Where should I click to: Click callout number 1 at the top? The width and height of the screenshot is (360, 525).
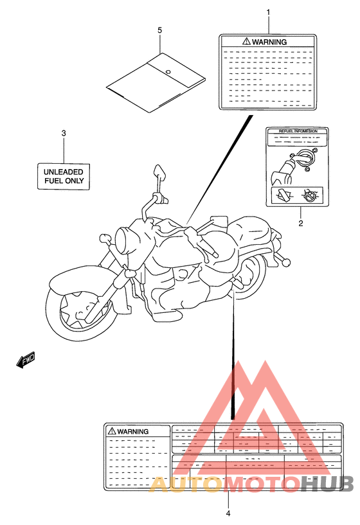[x=268, y=12]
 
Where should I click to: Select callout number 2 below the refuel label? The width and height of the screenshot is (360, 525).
[x=300, y=224]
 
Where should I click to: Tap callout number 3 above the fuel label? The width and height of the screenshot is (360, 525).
[x=63, y=133]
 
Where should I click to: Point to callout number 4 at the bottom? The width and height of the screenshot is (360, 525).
[x=228, y=512]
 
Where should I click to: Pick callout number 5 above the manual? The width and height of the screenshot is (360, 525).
[x=159, y=30]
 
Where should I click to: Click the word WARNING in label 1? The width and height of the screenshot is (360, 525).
[x=269, y=41]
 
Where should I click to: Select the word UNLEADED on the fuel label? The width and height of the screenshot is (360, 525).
[x=64, y=172]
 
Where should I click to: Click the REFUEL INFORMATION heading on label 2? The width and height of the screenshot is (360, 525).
[x=298, y=131]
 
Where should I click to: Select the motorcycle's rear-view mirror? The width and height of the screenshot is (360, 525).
[x=159, y=173]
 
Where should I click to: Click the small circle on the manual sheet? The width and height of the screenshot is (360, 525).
[x=167, y=71]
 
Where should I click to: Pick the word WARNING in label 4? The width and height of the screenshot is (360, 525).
[x=134, y=431]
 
